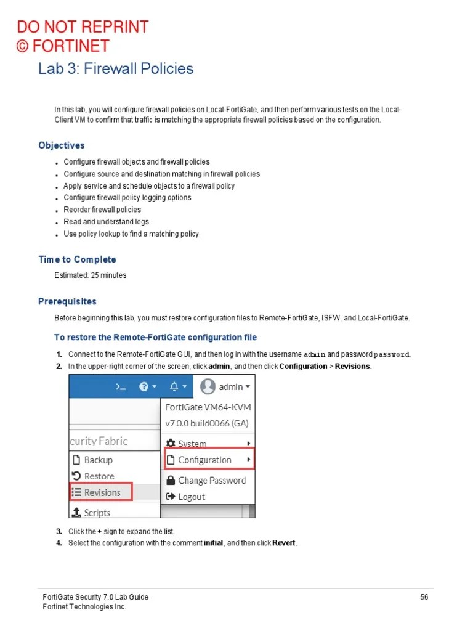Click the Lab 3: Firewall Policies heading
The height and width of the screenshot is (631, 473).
click(x=116, y=68)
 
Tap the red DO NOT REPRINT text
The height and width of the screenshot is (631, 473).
click(x=83, y=27)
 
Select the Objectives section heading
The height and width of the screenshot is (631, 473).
click(x=62, y=145)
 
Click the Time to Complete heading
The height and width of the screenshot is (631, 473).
click(x=77, y=259)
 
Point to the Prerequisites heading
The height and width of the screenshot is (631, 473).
click(x=67, y=301)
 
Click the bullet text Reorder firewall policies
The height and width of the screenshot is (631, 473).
click(x=102, y=210)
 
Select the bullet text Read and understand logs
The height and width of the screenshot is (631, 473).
click(x=106, y=222)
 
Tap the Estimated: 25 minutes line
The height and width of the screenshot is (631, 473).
click(x=91, y=275)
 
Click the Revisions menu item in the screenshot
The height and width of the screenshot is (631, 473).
click(x=102, y=492)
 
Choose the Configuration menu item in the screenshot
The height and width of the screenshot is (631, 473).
click(x=204, y=460)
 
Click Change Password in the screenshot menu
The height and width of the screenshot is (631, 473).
click(x=211, y=481)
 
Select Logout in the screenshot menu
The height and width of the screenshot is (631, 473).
click(x=191, y=497)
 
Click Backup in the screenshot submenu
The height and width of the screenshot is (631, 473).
click(x=98, y=460)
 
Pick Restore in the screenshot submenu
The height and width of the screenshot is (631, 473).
click(x=99, y=476)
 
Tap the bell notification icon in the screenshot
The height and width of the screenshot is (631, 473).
click(x=174, y=387)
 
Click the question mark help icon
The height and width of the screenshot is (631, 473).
click(x=144, y=387)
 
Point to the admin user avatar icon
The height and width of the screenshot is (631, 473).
click(x=208, y=387)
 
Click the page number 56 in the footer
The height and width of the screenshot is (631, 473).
click(x=424, y=597)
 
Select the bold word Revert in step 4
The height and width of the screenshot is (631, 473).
click(x=284, y=543)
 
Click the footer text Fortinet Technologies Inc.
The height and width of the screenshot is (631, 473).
click(x=84, y=607)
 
